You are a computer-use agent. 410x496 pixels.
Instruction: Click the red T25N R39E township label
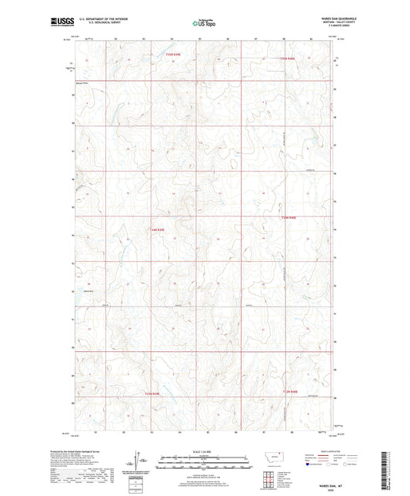coord(176,54)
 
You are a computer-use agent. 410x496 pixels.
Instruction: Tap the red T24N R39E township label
coord(158,229)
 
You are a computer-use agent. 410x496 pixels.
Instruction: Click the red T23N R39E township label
coord(151,393)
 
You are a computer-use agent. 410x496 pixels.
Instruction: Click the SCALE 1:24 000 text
coord(205,451)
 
